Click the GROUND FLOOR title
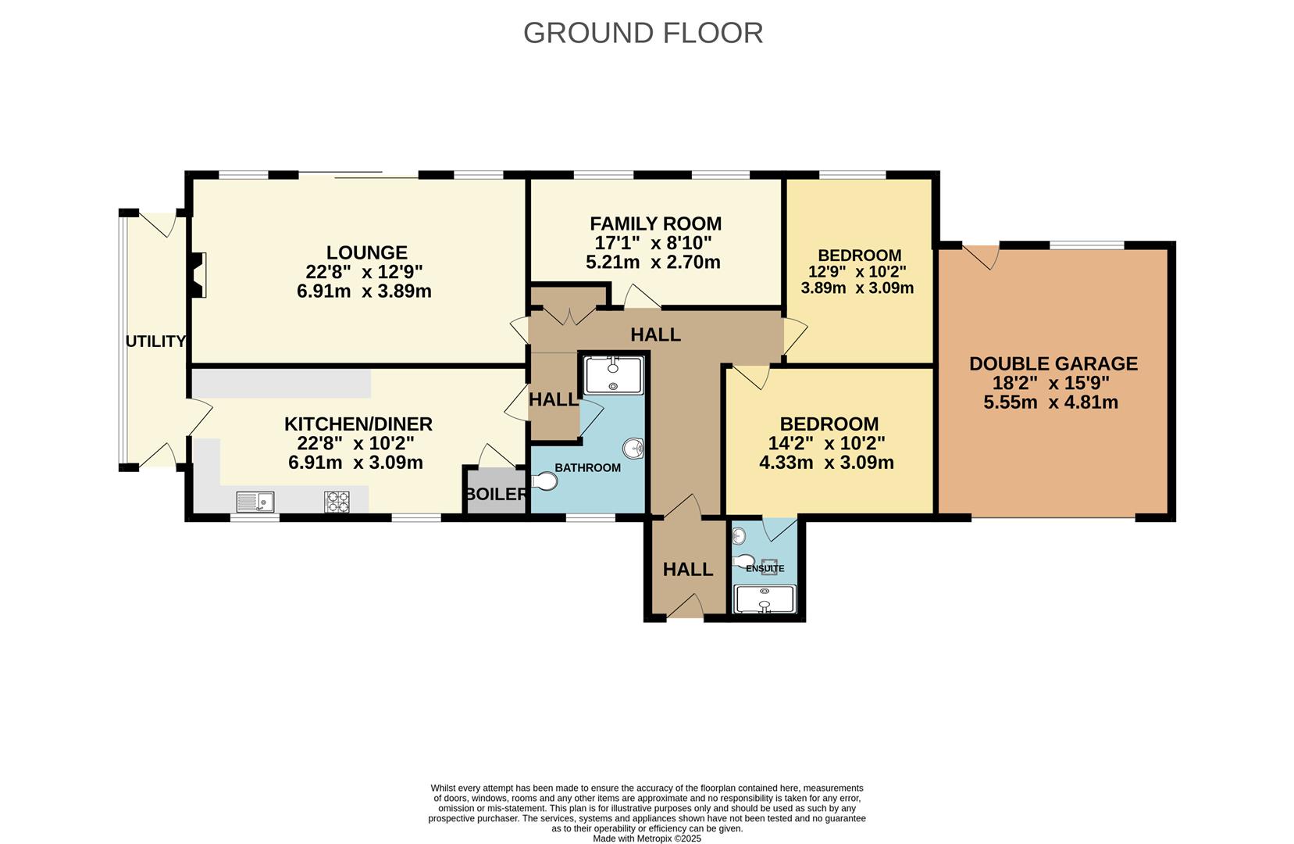pos(643,33)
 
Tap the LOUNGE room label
pos(366,253)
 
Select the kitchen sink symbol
pos(255,500)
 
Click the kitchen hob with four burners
pos(337,501)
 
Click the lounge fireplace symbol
pos(198,275)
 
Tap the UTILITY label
pos(155,342)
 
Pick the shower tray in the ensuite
pos(765,599)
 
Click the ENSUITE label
pos(765,568)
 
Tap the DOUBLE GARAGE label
pos(1053,363)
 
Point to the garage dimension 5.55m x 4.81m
pos(1050,402)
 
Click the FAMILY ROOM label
pos(655,224)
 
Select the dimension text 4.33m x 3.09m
pos(826,463)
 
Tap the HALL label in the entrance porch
pos(688,570)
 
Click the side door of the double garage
pos(981,256)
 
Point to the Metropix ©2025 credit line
pos(647,839)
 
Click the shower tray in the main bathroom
pos(613,374)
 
